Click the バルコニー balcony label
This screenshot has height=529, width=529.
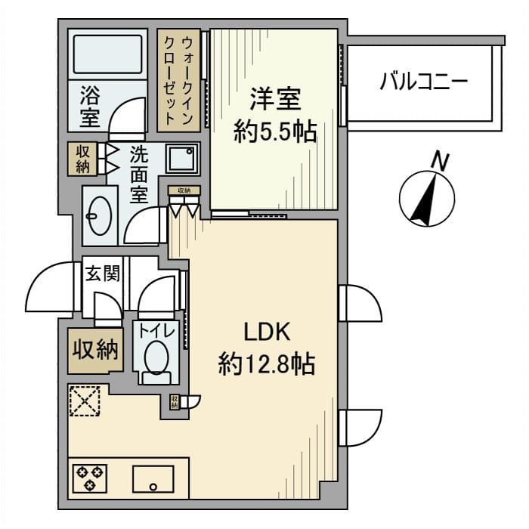pyautogui.click(x=424, y=81)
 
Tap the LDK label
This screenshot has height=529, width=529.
pyautogui.click(x=267, y=333)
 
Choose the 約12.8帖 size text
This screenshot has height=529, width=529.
pyautogui.click(x=267, y=365)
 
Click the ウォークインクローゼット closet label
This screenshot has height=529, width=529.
pyautogui.click(x=178, y=79)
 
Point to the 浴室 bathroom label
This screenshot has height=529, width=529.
pyautogui.click(x=90, y=107)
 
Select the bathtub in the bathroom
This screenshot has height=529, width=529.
pyautogui.click(x=106, y=52)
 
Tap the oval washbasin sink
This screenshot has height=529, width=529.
pyautogui.click(x=99, y=215)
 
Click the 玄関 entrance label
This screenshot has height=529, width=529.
pyautogui.click(x=103, y=274)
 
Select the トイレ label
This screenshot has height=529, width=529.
pyautogui.click(x=156, y=331)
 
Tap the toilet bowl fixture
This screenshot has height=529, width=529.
pyautogui.click(x=156, y=357)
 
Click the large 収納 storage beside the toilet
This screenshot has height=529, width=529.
pyautogui.click(x=95, y=350)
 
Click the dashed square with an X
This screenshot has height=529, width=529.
pyautogui.click(x=85, y=401)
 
